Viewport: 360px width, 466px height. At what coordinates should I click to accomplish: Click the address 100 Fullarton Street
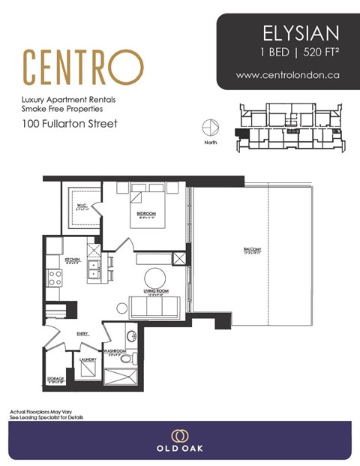coord(70,123)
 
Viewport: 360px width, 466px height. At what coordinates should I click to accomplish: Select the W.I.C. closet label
coord(81,206)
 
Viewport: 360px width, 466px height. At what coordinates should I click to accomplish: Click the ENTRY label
coord(82,334)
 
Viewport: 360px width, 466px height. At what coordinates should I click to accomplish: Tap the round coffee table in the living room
coord(155,277)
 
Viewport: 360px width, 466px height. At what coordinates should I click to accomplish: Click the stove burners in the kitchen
coord(55,278)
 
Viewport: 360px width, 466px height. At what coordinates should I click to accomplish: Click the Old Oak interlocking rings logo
coord(179,435)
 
